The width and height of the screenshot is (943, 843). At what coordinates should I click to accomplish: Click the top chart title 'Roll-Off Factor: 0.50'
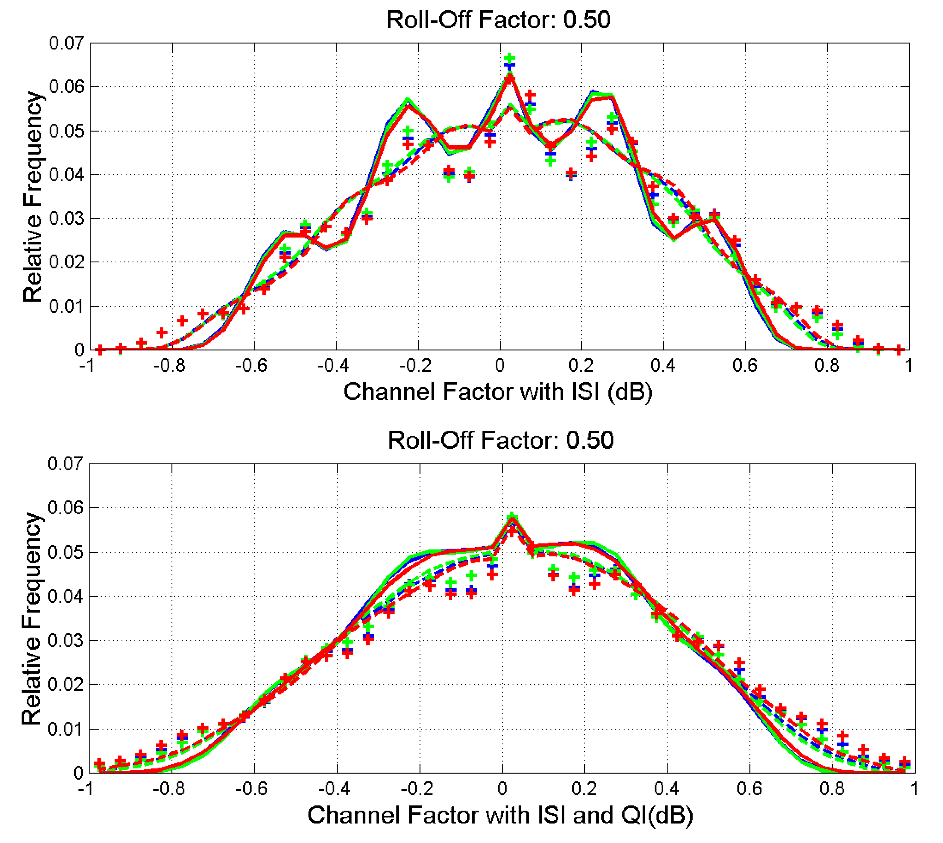point(498,20)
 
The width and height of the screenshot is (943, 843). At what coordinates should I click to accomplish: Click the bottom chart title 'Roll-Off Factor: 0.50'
point(500,440)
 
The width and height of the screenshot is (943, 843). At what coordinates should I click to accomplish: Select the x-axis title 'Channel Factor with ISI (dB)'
point(498,392)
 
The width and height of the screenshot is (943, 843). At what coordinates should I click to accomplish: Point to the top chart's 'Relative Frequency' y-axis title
point(32,197)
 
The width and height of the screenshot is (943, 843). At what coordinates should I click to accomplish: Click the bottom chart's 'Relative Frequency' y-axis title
point(32,618)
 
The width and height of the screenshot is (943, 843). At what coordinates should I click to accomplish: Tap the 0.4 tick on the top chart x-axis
point(663,366)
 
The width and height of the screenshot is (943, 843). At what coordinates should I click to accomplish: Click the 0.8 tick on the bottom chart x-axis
point(832,788)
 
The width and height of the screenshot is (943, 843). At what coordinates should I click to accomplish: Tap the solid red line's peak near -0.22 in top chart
point(408,106)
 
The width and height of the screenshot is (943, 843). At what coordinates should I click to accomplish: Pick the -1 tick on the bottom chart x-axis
point(86,788)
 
